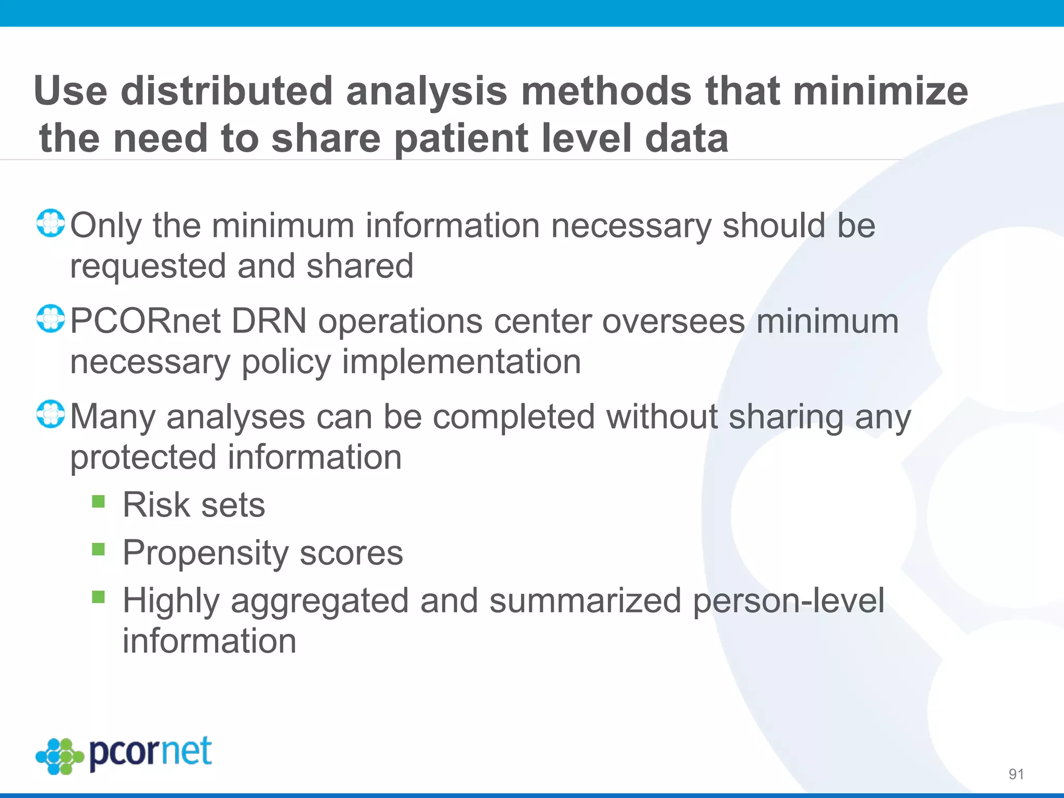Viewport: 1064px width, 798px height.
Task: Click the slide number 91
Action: point(1016,774)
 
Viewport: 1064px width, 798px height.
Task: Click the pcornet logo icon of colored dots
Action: point(59,756)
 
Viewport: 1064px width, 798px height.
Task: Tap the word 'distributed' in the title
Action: point(226,91)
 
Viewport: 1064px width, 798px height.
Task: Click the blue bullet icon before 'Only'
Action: point(50,223)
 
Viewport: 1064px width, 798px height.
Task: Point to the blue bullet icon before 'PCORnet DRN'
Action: point(50,319)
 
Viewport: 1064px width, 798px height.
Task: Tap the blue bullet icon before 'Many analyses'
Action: point(50,414)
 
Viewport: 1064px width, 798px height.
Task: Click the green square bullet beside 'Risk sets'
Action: point(98,501)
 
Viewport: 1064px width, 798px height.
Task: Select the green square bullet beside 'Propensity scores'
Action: point(98,549)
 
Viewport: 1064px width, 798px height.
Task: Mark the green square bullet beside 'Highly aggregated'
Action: point(98,597)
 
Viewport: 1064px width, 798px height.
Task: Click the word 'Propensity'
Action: point(205,553)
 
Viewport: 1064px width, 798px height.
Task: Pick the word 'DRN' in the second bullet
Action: point(269,321)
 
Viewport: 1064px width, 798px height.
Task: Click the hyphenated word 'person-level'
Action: point(788,601)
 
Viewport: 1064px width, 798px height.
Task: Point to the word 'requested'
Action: point(148,267)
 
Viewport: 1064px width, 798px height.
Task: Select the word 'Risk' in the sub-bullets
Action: point(156,505)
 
